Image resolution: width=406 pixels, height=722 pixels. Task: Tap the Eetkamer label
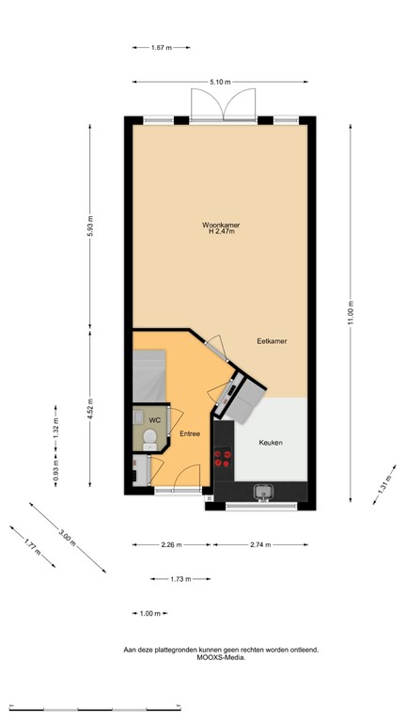pos(272,342)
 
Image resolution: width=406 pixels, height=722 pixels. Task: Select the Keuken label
pos(271,442)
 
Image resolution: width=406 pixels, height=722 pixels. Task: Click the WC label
pos(154,418)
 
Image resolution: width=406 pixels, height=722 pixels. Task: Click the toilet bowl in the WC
pos(148,437)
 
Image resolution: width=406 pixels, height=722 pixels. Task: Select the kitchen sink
pos(262,490)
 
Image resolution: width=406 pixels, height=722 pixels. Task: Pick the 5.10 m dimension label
pos(221,82)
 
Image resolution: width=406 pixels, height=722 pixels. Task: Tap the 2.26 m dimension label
pos(170,544)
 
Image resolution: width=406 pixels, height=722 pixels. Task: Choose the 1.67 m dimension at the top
pos(163,46)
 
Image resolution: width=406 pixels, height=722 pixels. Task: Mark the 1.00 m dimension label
pos(149,613)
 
